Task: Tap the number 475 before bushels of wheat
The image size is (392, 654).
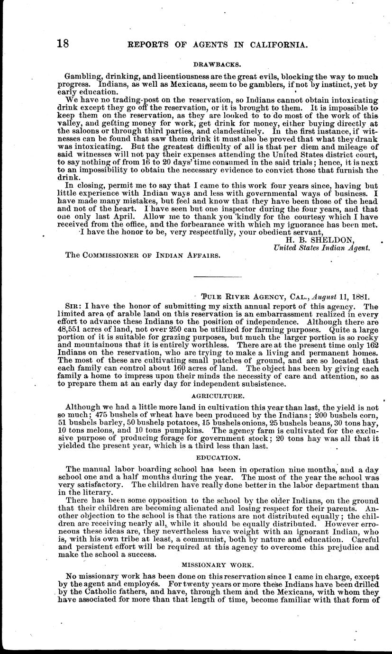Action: (x=103, y=414)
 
